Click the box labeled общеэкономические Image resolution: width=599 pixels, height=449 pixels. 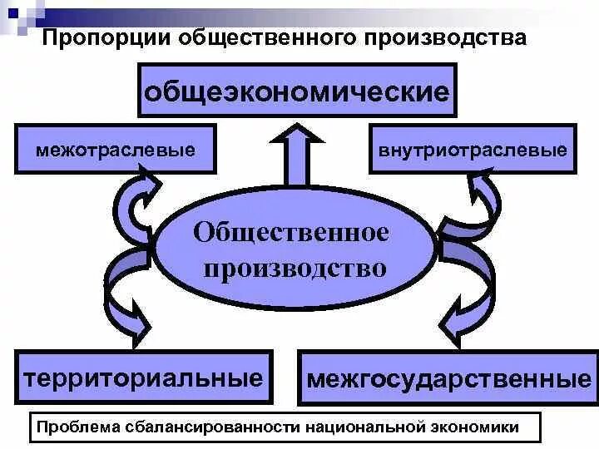[297, 91]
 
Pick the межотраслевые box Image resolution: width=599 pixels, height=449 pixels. [116, 150]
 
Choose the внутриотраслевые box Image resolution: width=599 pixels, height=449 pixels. [473, 150]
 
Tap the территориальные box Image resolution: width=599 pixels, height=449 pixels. [144, 378]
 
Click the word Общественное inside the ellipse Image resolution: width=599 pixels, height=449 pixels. [291, 232]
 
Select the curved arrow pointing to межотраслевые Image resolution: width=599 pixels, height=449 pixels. [133, 200]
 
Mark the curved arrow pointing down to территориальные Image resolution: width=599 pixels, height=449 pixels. [125, 291]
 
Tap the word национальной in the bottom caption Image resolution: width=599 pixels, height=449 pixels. [361, 427]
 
